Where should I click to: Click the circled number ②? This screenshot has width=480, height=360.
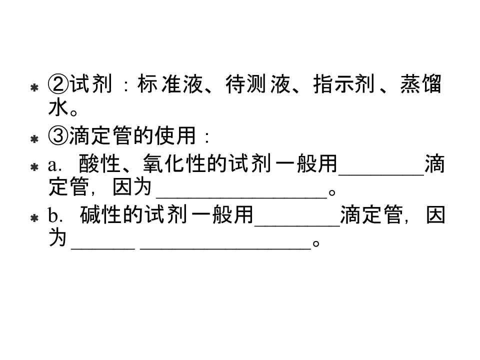coord(58,84)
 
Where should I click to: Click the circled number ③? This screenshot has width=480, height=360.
coord(58,135)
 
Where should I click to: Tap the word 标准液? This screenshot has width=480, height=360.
coord(170,84)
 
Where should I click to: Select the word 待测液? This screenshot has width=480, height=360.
coord(258,84)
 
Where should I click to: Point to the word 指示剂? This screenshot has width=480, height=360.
coord(344,84)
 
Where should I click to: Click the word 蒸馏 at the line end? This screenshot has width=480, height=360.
coord(421,84)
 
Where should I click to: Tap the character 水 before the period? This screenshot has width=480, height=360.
coord(58,107)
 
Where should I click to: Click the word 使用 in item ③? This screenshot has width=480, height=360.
coord(175,135)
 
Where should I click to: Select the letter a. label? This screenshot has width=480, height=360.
coord(54,165)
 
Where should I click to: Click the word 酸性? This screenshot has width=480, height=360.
coord(99,163)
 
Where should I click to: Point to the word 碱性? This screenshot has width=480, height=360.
coord(100,214)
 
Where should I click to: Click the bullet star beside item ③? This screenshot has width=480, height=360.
coord(34,139)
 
